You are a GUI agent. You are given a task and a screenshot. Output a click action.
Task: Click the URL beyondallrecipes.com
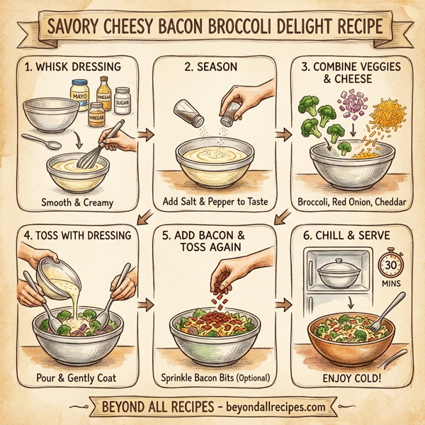[272, 407]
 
